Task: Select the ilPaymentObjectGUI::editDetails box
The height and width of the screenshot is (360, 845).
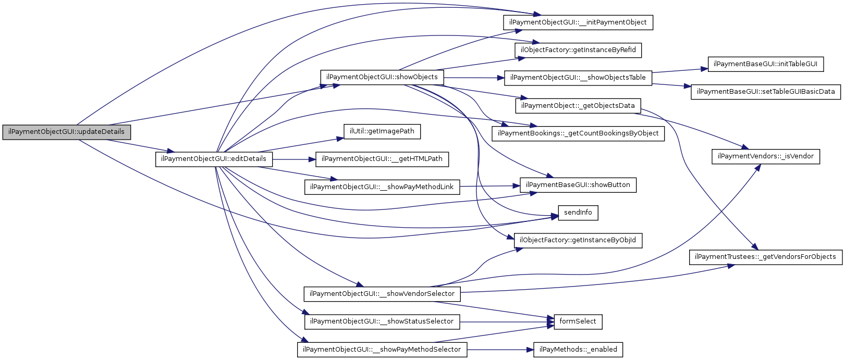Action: point(214,159)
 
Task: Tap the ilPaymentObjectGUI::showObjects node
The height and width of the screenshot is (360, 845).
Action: point(382,77)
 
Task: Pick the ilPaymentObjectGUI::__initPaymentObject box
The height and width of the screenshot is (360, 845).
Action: point(578,22)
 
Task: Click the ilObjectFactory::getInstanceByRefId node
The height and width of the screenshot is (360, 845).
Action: point(578,50)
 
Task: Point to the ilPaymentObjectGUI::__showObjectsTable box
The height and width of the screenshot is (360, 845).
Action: point(578,78)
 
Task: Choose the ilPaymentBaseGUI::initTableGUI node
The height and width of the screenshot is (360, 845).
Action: point(765,64)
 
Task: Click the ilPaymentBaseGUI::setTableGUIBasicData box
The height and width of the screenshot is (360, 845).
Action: point(766,92)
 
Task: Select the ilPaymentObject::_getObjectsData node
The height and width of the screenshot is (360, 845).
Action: point(578,106)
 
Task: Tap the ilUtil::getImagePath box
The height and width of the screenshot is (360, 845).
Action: point(382,131)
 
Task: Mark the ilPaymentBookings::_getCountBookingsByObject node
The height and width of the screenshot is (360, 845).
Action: point(578,133)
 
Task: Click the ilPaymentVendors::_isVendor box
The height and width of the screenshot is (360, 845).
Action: point(765,156)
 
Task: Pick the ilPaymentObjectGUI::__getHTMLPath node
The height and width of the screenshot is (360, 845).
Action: point(382,159)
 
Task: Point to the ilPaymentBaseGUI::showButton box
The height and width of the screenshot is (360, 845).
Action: point(578,185)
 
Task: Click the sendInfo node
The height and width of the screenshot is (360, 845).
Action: point(578,213)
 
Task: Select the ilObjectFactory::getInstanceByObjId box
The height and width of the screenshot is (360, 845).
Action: point(578,240)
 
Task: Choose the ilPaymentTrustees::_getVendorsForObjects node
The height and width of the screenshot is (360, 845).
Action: point(765,257)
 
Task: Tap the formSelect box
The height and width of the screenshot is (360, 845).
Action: point(578,321)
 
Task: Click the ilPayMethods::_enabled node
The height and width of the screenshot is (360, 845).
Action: point(578,350)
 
